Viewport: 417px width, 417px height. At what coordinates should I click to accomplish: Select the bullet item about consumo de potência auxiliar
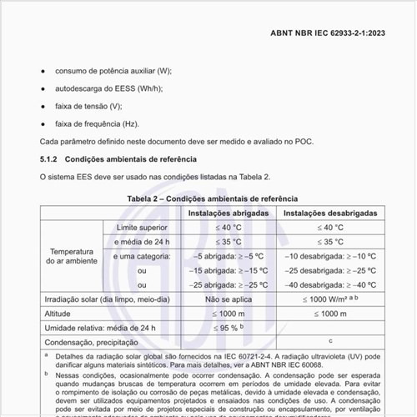tap(113, 73)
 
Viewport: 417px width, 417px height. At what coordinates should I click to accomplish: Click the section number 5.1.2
tap(48, 158)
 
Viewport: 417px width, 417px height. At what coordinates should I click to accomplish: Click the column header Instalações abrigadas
tap(228, 214)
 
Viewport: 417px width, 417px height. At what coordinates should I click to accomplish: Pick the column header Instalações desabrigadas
tap(331, 214)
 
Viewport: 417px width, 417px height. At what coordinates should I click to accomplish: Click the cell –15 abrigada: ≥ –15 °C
tap(228, 270)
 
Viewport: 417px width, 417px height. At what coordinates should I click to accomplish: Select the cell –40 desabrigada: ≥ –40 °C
tap(331, 284)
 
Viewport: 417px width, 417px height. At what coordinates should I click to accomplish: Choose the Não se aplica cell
tap(228, 299)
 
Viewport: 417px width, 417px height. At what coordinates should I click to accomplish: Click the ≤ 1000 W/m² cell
tap(329, 299)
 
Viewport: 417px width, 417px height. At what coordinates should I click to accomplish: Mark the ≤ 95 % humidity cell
tap(228, 328)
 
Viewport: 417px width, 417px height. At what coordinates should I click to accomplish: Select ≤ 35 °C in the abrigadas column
tap(228, 242)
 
